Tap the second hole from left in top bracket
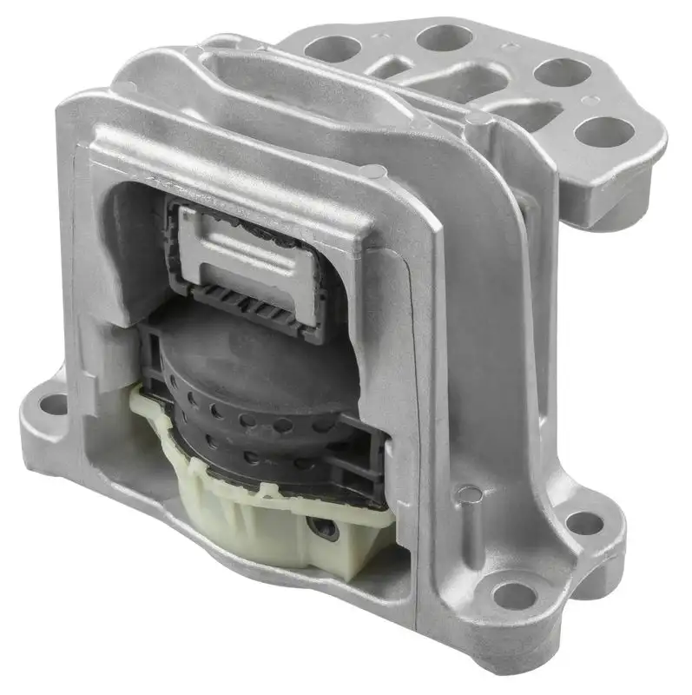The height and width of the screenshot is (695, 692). (444, 37)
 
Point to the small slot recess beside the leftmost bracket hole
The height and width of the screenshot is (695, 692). (395, 66)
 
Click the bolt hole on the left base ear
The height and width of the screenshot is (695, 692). (54, 404)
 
